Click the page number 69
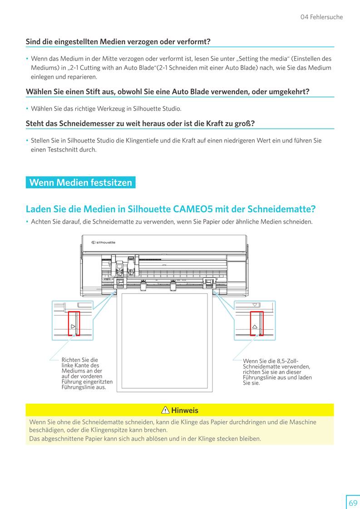353,503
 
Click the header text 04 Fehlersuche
322,17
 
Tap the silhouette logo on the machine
104,243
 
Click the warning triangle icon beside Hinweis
165,410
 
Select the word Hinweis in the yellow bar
185,410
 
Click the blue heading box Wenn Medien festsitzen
80,182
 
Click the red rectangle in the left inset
74,323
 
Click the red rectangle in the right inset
256,323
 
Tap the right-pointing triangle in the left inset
73,326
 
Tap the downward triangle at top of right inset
255,305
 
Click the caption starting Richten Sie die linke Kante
87,373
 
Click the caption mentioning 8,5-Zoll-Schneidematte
277,372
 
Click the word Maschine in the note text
303,422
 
